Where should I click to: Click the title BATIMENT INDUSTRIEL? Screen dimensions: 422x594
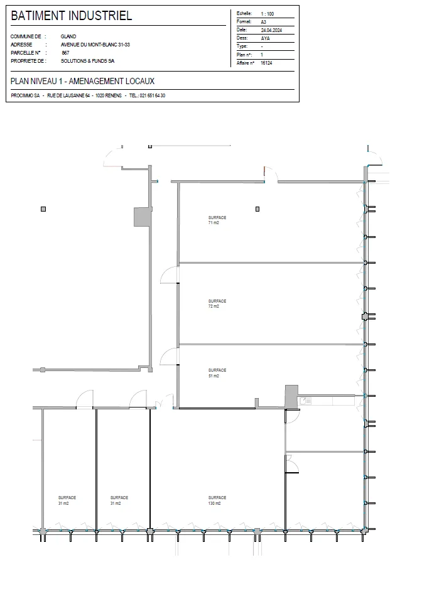tap(71, 16)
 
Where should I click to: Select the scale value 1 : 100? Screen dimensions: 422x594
tap(267, 14)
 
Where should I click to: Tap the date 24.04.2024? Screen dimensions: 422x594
tap(271, 30)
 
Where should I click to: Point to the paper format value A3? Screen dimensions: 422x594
tap(263, 22)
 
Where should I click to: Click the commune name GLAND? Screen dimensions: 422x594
tap(68, 36)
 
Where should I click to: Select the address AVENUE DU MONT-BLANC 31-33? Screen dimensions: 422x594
tap(95, 45)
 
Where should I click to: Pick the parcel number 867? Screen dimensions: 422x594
tap(65, 53)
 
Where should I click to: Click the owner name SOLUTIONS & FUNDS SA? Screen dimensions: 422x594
tap(87, 61)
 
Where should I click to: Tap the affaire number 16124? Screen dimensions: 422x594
tap(266, 63)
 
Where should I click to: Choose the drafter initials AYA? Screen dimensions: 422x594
tap(265, 38)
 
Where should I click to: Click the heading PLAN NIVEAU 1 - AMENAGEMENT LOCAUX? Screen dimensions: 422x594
tap(83, 81)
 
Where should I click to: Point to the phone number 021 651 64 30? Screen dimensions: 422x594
tap(152, 95)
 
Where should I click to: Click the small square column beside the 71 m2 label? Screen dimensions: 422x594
tap(257, 209)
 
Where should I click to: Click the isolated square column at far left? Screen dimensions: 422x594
tap(43, 209)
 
